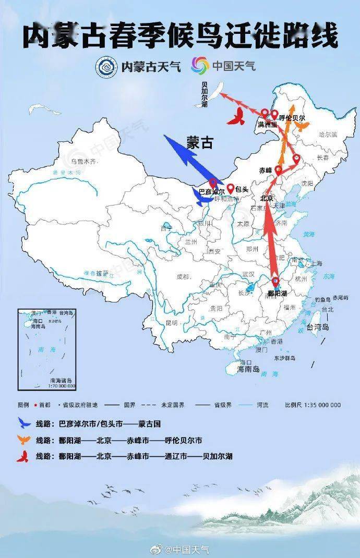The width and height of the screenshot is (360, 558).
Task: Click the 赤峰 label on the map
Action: pyautogui.click(x=266, y=170)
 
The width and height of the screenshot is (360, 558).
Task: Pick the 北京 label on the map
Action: pyautogui.click(x=267, y=199)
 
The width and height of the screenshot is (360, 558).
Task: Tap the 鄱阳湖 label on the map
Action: pyautogui.click(x=277, y=294)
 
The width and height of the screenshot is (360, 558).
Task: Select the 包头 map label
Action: pyautogui.click(x=240, y=188)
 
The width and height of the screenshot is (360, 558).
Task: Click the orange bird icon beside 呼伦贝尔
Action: pyautogui.click(x=302, y=125)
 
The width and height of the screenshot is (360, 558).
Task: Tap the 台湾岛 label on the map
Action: pyautogui.click(x=318, y=327)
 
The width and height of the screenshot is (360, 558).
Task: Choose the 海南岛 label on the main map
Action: pyautogui.click(x=248, y=369)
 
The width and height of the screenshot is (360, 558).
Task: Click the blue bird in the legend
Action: pyautogui.click(x=24, y=423)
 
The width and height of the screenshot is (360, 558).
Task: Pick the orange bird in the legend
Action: pyautogui.click(x=24, y=440)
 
